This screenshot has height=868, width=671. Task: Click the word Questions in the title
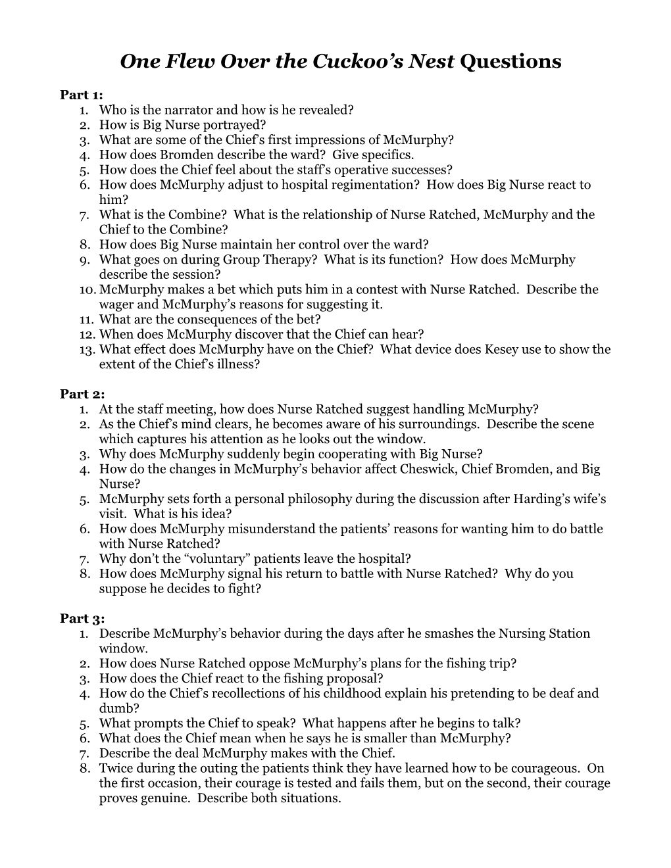(511, 61)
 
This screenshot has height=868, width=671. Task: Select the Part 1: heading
(82, 95)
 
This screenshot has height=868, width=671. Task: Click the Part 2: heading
(82, 394)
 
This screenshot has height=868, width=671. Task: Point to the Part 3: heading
(82, 618)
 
